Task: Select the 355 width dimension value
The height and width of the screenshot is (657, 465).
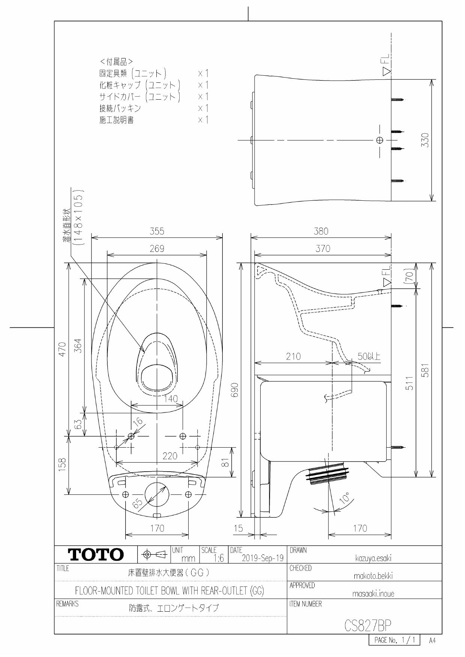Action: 157,231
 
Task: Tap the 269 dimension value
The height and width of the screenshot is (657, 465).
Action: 157,249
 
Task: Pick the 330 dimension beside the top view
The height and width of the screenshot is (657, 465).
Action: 425,140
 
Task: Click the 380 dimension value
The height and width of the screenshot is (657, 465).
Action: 321,231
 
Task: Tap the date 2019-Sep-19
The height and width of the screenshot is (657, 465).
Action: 262,558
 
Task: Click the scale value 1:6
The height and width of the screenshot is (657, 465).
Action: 218,558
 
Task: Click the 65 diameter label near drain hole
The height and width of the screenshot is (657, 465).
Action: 138,504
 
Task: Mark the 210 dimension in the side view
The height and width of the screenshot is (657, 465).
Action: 293,357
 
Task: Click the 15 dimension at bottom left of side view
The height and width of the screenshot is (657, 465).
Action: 238,528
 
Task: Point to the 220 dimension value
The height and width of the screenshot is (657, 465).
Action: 169,456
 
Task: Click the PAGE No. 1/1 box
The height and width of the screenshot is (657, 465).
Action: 394,640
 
